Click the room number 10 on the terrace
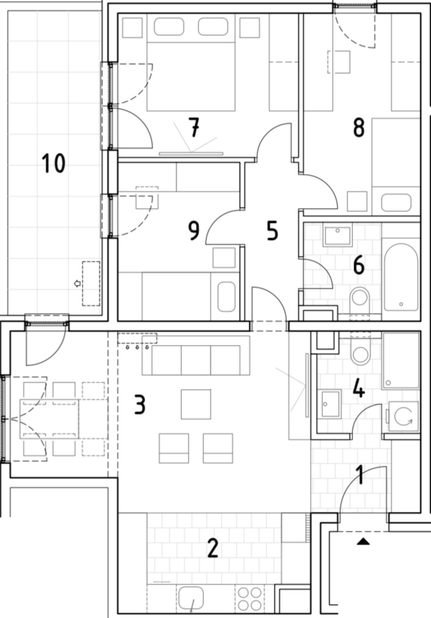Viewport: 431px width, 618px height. coord(53,163)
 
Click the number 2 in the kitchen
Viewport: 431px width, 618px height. coord(213,548)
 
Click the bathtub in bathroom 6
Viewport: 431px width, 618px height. coord(401,277)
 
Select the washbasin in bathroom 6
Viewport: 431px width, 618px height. coord(337,235)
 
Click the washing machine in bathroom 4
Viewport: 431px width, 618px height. coord(404,416)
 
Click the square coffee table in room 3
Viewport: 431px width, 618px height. coord(196,404)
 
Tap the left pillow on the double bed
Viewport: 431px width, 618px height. coord(169,26)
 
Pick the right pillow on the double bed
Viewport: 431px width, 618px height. coord(213,26)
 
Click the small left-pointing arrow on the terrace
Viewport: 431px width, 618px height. coord(77,283)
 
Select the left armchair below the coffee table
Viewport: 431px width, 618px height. coord(174,448)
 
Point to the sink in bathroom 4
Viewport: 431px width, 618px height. coord(330,404)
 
